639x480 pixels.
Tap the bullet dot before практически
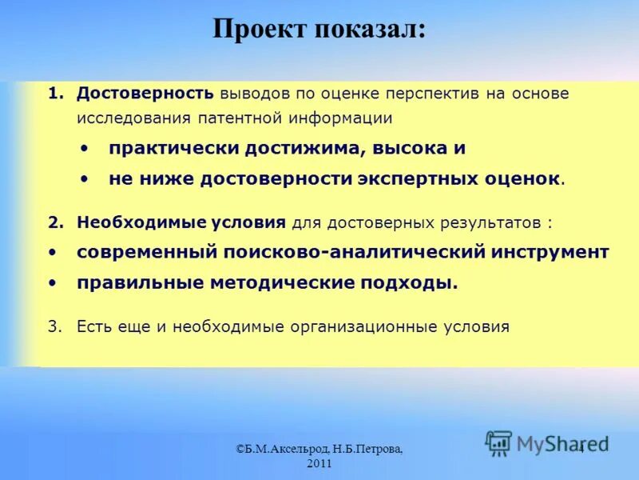pos(85,148)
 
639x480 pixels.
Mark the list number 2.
pos(53,222)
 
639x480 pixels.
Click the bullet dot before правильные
pos(53,282)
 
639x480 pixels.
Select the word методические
pos(276,282)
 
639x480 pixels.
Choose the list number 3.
pos(53,326)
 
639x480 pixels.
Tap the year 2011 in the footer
pos(319,464)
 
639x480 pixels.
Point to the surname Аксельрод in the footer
pos(306,450)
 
